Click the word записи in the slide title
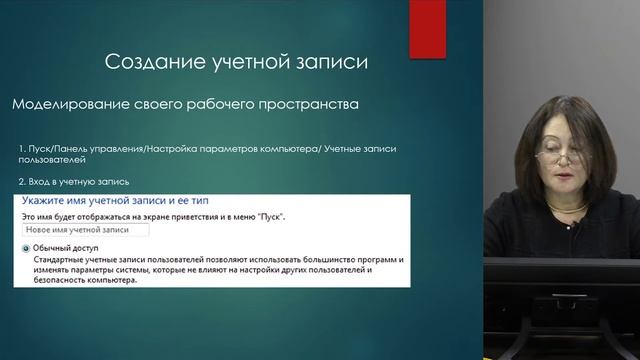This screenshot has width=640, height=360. point(331,63)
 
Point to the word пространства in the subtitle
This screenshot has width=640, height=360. point(306,104)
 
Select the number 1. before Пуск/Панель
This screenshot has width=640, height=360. point(22,149)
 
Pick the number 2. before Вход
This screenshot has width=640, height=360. point(22,182)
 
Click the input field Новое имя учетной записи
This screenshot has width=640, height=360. point(84,230)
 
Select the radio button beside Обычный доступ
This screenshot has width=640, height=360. point(25,247)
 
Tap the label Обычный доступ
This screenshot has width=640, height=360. point(64,247)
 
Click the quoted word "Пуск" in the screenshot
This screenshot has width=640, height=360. point(276,215)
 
